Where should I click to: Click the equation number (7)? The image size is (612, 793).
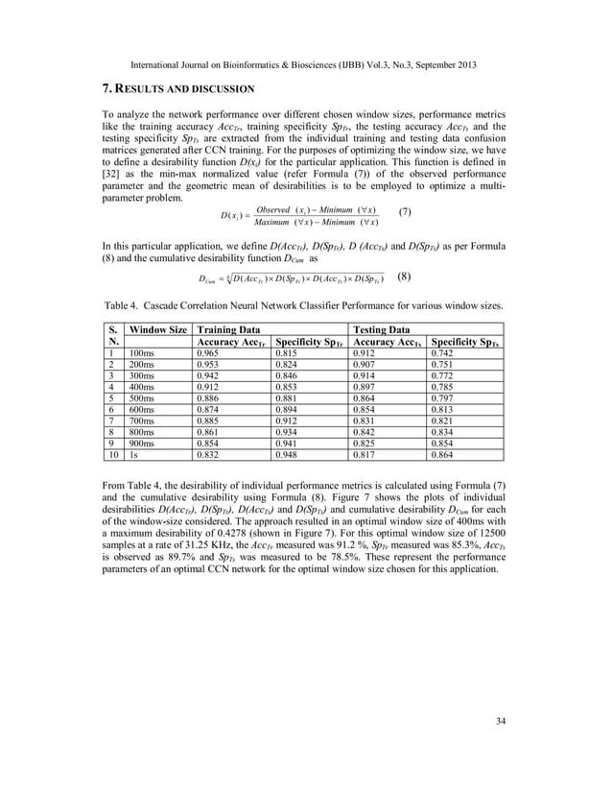coord(407,211)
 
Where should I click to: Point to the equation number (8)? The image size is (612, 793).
coord(406,276)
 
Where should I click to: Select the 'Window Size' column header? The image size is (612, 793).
coord(159,329)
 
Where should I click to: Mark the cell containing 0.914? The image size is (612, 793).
coord(365,375)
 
